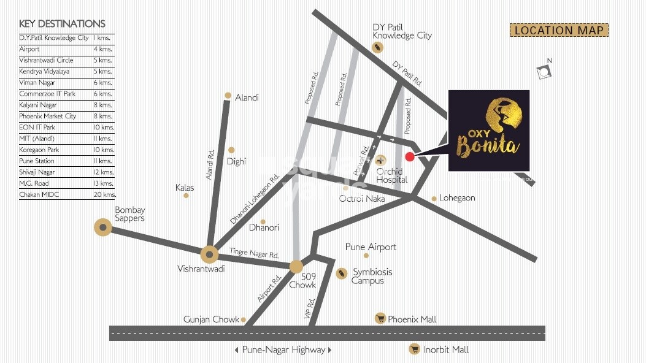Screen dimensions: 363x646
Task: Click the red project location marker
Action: tap(410, 157)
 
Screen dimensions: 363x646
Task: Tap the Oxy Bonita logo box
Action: tap(488, 131)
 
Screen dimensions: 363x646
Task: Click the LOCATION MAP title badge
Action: tap(558, 30)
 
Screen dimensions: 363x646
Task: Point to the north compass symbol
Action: tap(544, 72)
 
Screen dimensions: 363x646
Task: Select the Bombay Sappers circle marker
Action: tap(102, 228)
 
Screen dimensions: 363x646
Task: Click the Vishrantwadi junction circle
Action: tap(209, 254)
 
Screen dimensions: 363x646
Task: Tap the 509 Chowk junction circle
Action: tap(296, 266)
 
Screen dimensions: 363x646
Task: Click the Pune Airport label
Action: tap(371, 247)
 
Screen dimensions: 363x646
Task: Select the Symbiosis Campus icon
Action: tap(342, 273)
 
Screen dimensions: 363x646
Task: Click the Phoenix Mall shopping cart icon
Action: tap(380, 318)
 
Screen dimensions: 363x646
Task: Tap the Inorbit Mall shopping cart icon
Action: tap(414, 349)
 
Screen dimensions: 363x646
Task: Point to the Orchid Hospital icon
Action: tap(380, 159)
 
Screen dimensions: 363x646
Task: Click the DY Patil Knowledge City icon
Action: tap(379, 47)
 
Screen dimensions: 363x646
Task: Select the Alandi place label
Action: tap(247, 97)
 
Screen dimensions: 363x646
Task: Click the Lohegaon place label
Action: tap(457, 198)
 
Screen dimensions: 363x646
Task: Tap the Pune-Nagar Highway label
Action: tap(283, 350)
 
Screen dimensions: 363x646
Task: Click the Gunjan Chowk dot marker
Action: tap(244, 319)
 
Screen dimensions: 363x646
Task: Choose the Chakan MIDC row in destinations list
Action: tap(67, 194)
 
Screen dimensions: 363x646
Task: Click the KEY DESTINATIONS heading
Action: tap(62, 24)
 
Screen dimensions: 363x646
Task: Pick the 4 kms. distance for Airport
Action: tap(102, 48)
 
